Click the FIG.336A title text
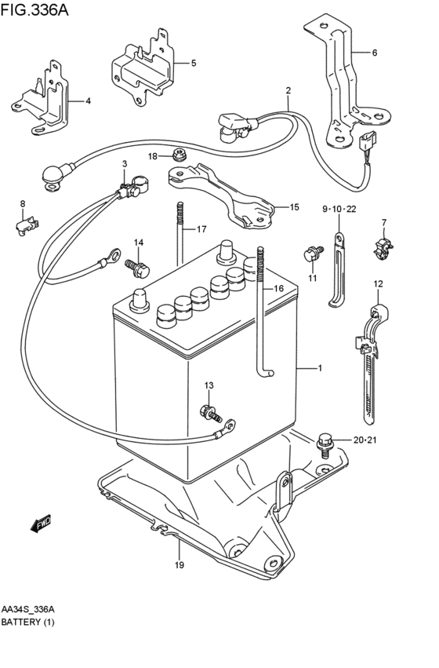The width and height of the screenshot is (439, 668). coord(34,9)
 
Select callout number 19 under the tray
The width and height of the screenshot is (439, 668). coord(179,565)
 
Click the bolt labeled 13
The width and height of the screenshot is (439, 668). coord(211,413)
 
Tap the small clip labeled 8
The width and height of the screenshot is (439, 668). coord(27,225)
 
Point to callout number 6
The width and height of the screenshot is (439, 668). coord(375,53)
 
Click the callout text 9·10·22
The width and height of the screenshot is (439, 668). coord(339,209)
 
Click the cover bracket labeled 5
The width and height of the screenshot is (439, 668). coord(143,68)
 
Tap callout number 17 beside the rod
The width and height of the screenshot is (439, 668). coord(201,229)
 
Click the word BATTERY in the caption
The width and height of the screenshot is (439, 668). coord(20,622)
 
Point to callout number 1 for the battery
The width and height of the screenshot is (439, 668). coord(320,368)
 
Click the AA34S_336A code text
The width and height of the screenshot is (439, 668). coord(28,609)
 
